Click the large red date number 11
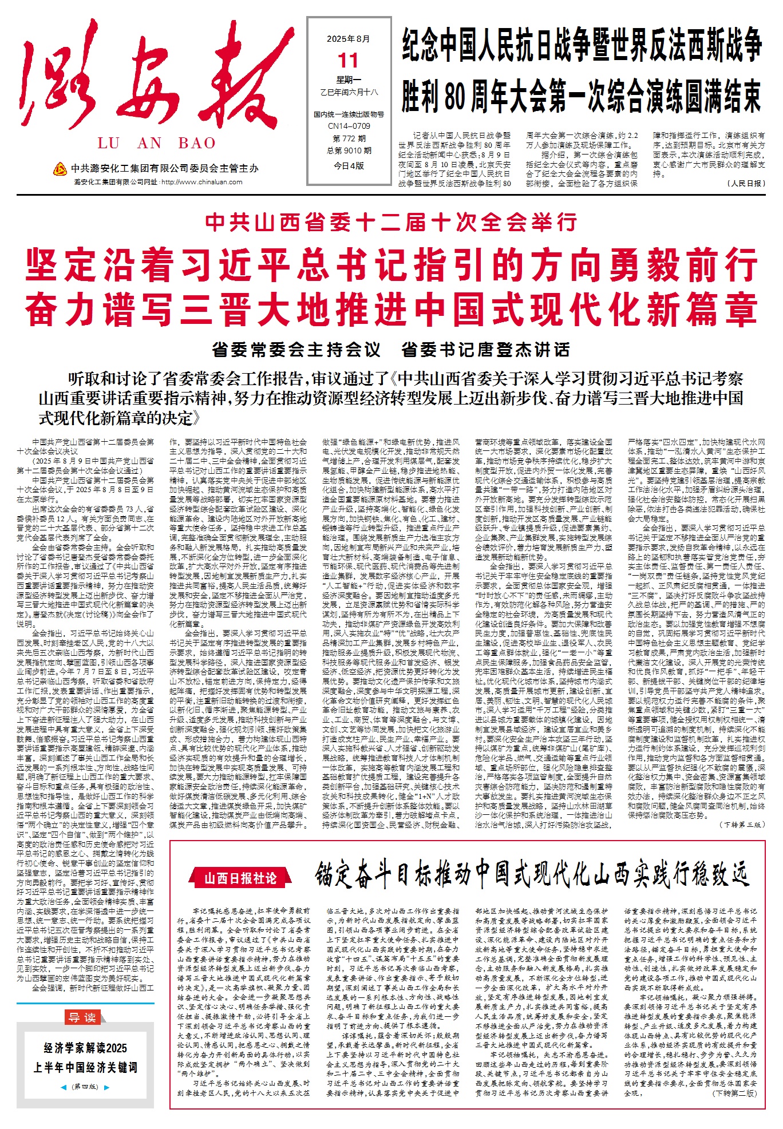coord(348,60)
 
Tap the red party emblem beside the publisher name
coord(60,169)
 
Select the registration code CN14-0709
coord(349,126)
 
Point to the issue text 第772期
coord(349,138)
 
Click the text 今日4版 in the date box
coord(349,165)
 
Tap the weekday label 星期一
coord(349,80)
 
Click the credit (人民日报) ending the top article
coord(745,183)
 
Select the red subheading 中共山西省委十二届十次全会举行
coord(391,222)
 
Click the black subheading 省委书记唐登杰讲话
coord(485,349)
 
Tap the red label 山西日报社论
coord(240,878)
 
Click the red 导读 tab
coord(82,1017)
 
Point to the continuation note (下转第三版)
coord(742,825)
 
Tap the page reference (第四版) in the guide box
coord(85,1087)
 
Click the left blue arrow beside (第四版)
coord(64,1087)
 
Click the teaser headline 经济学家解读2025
coord(85,1048)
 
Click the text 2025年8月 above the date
coord(348,39)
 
